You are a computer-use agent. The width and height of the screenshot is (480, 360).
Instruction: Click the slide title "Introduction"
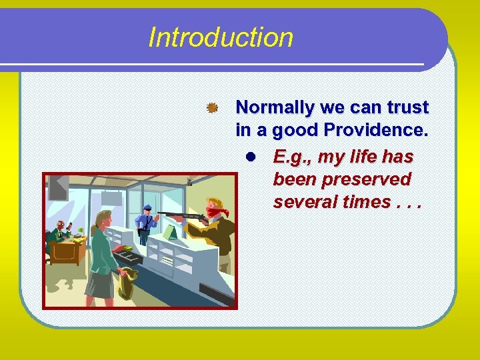point(221,37)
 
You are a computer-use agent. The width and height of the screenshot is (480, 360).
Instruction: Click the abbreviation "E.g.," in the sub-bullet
point(293,157)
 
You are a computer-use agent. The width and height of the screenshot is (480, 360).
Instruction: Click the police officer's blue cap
point(147,207)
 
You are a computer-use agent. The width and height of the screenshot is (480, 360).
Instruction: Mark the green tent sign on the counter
point(171,231)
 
